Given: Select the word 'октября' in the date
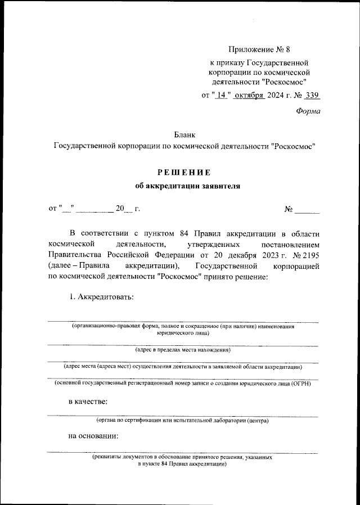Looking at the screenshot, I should coord(249,95).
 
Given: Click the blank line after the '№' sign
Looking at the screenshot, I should coord(307,210).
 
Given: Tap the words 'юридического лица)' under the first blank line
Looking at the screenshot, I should coord(183,333).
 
